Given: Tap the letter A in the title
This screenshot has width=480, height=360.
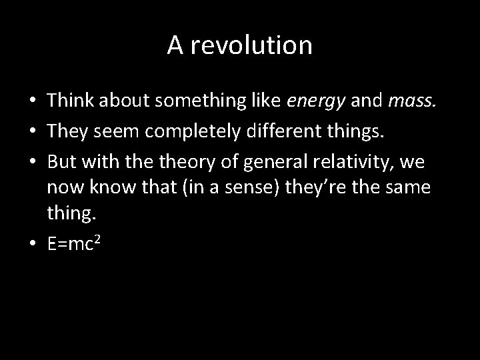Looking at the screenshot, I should [x=175, y=45].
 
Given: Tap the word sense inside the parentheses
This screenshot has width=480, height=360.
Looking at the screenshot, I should [x=248, y=188].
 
